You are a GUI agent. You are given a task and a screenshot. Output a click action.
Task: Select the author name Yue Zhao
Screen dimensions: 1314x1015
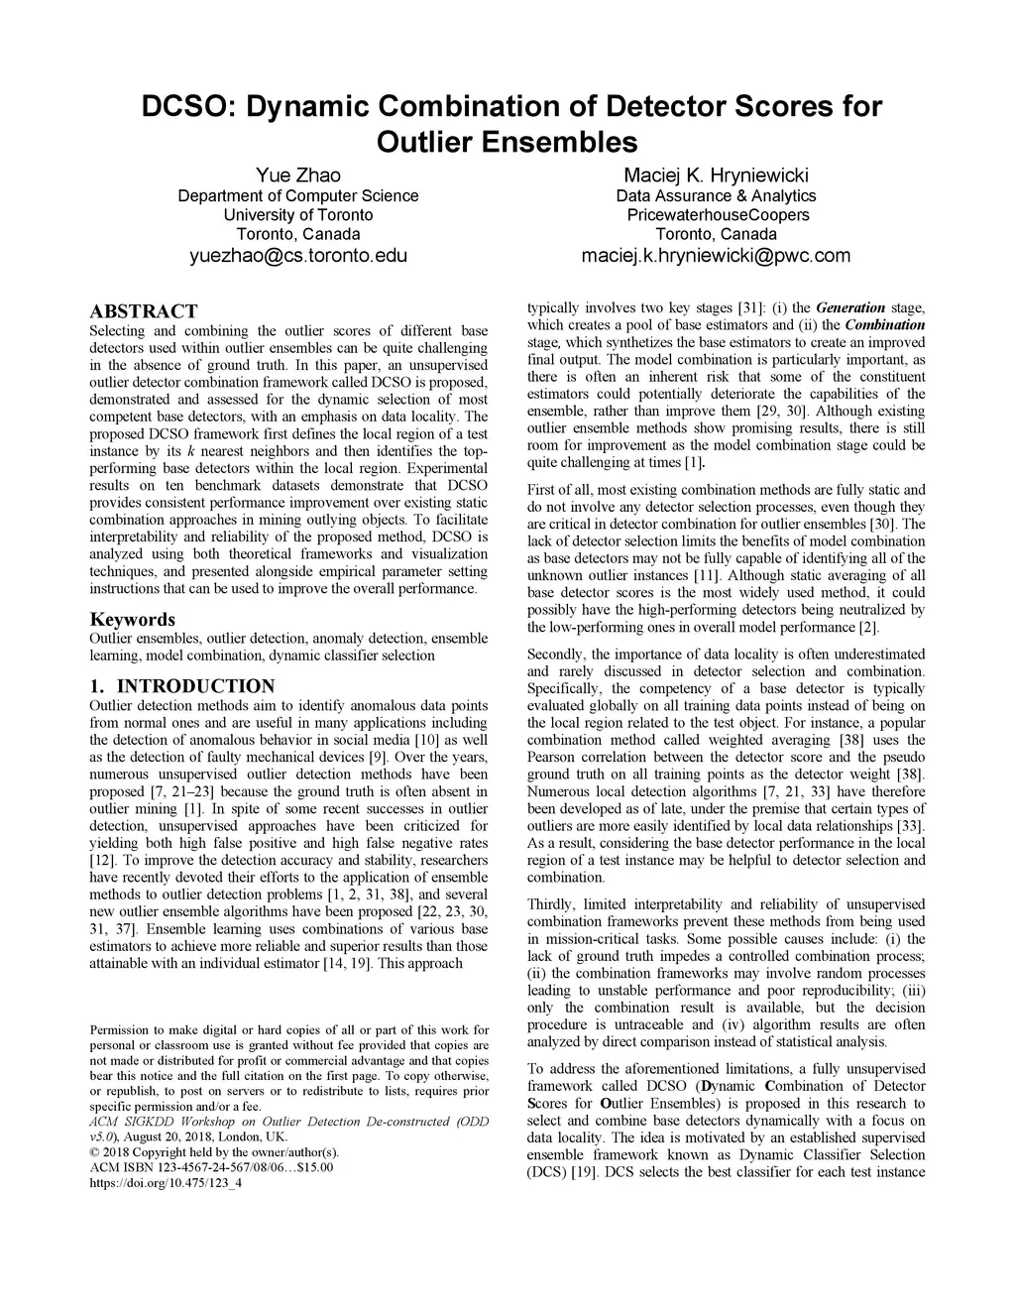click(x=297, y=176)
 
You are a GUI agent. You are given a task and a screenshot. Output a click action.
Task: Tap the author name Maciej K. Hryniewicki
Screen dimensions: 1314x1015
click(x=716, y=176)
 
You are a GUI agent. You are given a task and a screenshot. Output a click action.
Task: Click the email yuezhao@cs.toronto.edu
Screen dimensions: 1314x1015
click(x=297, y=256)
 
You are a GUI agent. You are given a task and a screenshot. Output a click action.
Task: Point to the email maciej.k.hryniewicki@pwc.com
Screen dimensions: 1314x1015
click(x=716, y=256)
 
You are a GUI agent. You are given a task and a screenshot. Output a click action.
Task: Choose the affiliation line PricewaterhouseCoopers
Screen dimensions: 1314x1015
click(x=718, y=215)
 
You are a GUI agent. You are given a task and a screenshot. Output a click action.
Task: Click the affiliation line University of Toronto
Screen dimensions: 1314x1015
click(x=297, y=215)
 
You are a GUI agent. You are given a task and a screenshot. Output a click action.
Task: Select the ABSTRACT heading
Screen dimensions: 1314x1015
click(x=143, y=311)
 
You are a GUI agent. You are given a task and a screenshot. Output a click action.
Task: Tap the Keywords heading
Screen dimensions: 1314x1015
click(x=132, y=620)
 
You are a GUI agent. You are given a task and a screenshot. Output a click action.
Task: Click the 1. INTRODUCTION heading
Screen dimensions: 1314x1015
click(x=181, y=686)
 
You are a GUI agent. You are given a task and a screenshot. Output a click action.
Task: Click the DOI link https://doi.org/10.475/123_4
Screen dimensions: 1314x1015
click(x=166, y=1184)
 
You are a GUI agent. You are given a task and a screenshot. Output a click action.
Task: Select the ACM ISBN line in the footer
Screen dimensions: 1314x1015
click(x=211, y=1167)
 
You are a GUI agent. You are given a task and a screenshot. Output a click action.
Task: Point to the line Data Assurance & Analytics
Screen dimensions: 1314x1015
click(x=716, y=195)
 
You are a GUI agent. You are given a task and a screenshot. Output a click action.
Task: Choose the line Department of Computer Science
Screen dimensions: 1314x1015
click(x=297, y=195)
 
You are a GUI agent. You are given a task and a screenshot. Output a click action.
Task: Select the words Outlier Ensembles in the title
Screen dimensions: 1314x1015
click(x=507, y=141)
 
